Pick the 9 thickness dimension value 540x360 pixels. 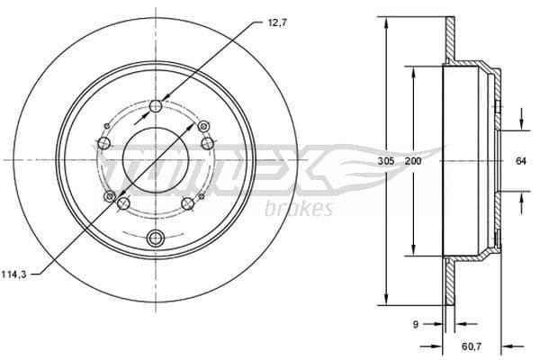tap(415, 324)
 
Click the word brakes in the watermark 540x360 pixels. tap(300, 210)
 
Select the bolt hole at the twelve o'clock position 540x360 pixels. tap(156, 106)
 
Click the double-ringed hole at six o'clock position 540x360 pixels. tap(156, 238)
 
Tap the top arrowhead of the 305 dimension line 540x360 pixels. tap(386, 20)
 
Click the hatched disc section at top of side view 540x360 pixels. tap(450, 40)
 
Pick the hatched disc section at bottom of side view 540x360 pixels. tap(450, 283)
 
